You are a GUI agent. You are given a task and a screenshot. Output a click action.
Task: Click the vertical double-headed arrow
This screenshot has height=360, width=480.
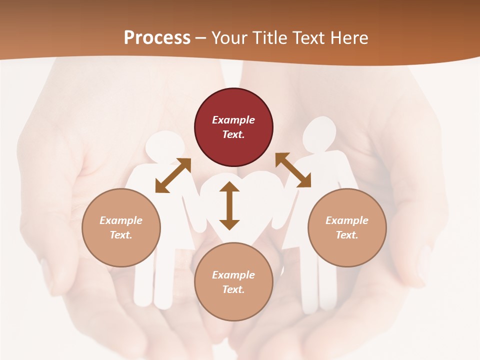229,206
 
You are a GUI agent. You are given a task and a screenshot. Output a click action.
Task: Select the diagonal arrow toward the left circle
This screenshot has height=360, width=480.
173,175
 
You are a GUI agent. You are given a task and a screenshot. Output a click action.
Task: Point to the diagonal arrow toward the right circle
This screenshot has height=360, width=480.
293,170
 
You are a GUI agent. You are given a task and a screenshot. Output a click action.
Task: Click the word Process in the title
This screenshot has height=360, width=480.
157,38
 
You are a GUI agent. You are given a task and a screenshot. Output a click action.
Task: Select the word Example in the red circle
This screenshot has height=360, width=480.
233,120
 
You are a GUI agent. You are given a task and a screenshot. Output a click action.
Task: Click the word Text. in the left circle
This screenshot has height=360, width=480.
121,235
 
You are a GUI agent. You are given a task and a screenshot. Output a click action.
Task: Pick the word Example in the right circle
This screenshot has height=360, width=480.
347,220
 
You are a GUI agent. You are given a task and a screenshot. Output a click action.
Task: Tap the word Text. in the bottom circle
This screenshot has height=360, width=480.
233,290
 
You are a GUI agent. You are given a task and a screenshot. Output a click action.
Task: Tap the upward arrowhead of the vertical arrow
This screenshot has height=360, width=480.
229,187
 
